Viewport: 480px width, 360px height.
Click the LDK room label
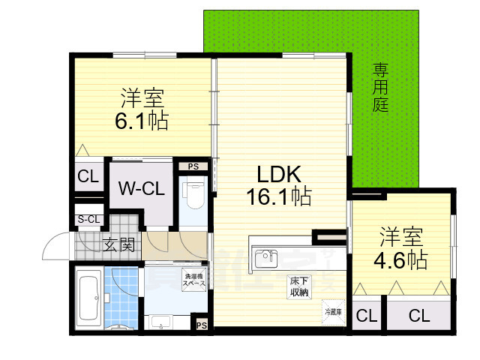(x=280, y=175)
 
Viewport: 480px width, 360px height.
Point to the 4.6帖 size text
(x=403, y=260)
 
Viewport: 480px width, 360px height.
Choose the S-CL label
(x=88, y=219)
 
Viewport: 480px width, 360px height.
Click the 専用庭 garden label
(x=381, y=88)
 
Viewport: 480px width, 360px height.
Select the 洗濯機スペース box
(x=194, y=280)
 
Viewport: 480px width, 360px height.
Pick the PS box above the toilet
(x=193, y=166)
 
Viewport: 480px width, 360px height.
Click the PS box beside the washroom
(x=201, y=325)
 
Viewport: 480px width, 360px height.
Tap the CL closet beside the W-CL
(x=87, y=178)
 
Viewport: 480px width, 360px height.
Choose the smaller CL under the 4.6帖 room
(x=366, y=316)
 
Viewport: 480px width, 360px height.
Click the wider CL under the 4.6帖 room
(x=419, y=316)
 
